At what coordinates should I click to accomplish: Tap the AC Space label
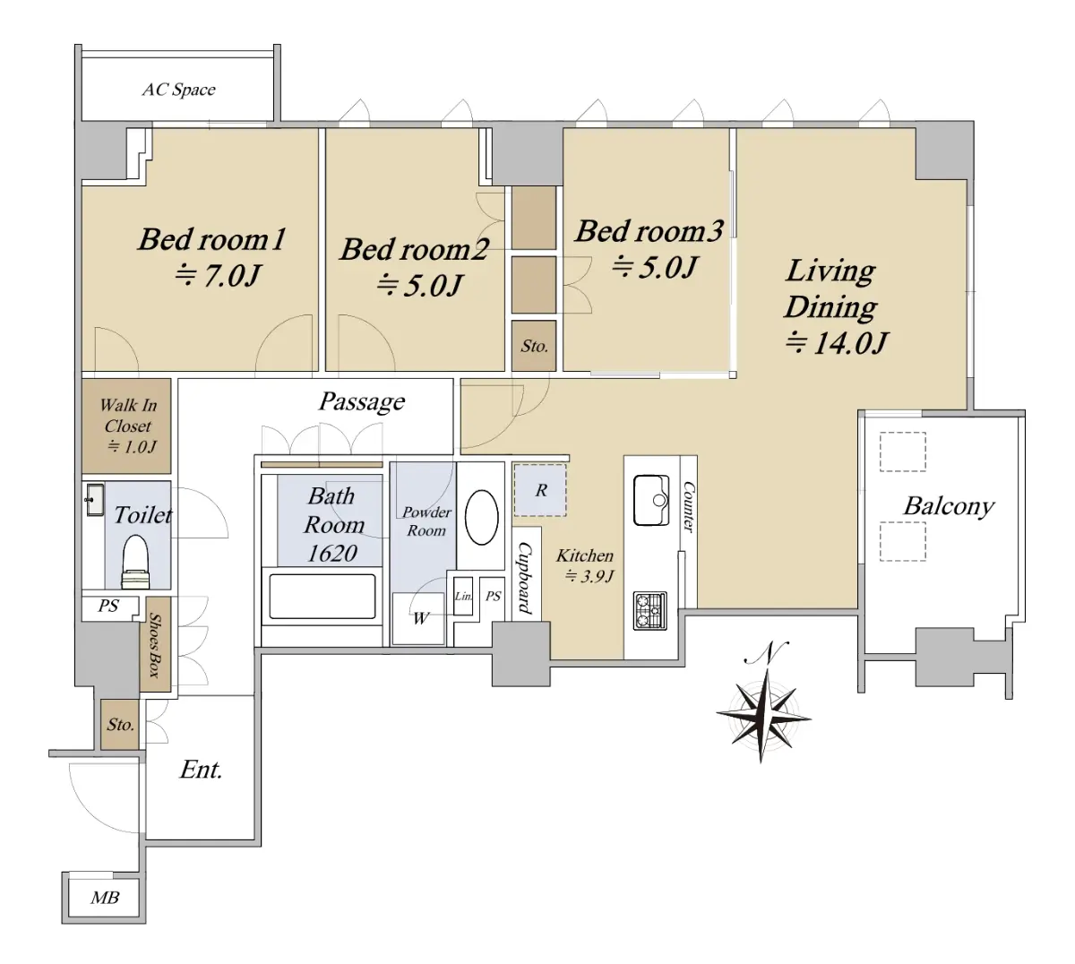click(x=179, y=90)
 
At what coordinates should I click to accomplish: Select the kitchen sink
click(x=651, y=500)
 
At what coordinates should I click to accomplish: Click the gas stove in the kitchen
click(x=650, y=611)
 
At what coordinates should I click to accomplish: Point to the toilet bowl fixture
click(x=136, y=562)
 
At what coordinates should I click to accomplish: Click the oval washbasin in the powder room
click(x=481, y=517)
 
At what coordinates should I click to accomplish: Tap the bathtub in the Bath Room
click(x=322, y=596)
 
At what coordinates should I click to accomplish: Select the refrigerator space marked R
click(x=539, y=490)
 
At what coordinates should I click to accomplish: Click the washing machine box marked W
click(x=418, y=619)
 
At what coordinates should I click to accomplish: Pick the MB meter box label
click(x=105, y=898)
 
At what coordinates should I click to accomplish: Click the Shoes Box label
click(x=155, y=645)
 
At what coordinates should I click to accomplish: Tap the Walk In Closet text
click(x=128, y=426)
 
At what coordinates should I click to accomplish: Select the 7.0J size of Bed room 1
click(x=218, y=276)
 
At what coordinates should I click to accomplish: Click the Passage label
click(x=362, y=401)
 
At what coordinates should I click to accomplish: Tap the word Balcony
click(x=949, y=506)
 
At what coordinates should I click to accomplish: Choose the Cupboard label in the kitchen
click(x=525, y=578)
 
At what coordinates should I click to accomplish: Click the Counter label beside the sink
click(x=688, y=506)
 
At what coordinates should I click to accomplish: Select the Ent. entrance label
click(x=201, y=770)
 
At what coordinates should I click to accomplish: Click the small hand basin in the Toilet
click(x=94, y=500)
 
